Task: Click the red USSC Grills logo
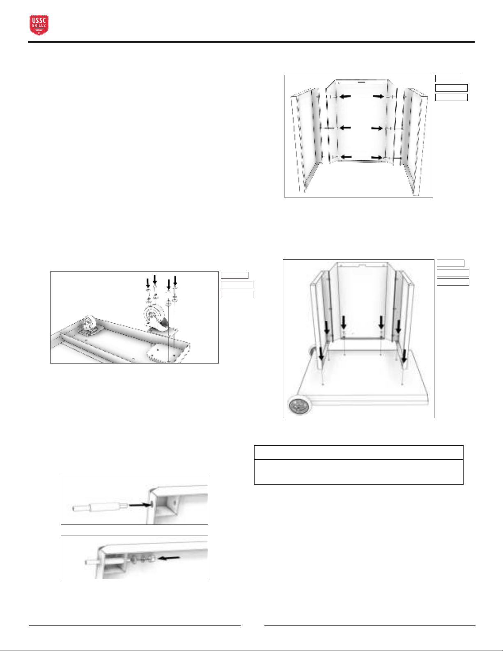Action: point(39,25)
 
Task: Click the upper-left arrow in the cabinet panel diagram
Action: point(345,97)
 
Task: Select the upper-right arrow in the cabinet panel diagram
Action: point(378,96)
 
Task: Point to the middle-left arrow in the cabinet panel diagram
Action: point(345,128)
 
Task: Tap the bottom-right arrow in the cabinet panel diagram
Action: point(377,158)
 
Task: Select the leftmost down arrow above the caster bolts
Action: point(148,283)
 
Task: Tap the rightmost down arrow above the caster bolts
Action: point(175,281)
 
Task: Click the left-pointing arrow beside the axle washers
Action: point(169,558)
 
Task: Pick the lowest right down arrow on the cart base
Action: point(404,356)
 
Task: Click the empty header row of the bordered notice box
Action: point(358,452)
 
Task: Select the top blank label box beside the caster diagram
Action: point(234,275)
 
